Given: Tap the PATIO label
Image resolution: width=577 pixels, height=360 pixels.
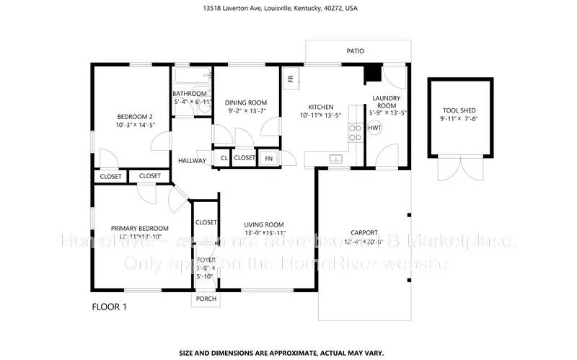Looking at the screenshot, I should (x=355, y=51).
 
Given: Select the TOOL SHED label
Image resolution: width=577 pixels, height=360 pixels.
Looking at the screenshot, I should (x=459, y=110).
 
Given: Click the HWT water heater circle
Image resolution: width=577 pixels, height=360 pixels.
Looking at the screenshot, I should (x=375, y=128).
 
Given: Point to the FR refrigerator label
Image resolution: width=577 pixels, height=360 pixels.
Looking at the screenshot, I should (x=291, y=79).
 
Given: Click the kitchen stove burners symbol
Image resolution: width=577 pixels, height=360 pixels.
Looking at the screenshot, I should (x=355, y=131).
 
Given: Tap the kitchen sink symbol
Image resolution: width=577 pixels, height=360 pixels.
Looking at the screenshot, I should (x=335, y=158).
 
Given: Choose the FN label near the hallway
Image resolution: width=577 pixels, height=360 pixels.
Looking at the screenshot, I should (x=269, y=158).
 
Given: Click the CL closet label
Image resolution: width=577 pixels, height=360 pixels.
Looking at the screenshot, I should (x=224, y=158).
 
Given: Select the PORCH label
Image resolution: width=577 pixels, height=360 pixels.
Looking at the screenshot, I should (x=206, y=299).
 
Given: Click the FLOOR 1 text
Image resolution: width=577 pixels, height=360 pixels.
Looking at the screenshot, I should (x=109, y=307).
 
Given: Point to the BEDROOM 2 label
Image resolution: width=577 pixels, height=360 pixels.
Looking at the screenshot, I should (x=136, y=117).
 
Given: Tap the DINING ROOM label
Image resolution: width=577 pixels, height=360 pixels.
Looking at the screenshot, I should (x=246, y=102).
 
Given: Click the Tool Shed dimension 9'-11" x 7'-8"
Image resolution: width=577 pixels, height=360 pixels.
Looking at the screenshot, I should (x=459, y=118).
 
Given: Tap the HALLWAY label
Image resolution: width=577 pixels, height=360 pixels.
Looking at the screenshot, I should (x=192, y=161).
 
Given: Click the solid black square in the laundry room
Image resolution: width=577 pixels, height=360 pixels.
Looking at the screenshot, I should (x=373, y=74).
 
